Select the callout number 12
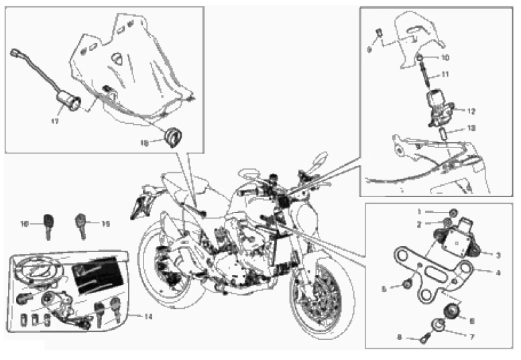471,111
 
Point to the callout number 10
465,58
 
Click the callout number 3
499,255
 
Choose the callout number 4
498,272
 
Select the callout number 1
420,211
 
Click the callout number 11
464,74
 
